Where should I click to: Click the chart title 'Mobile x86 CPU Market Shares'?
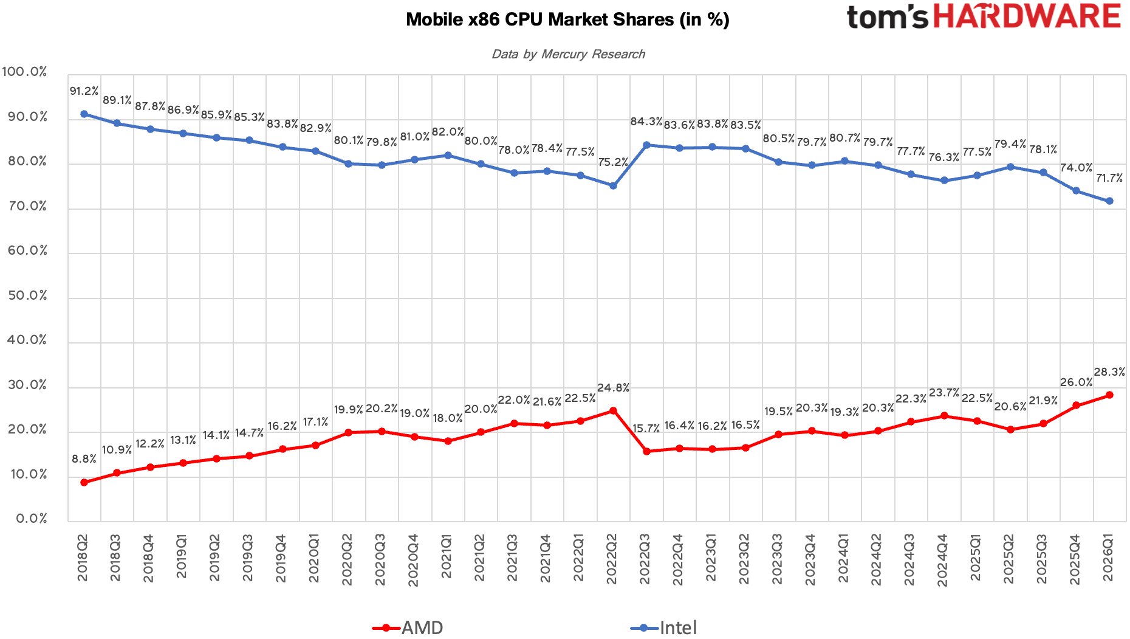(x=540, y=19)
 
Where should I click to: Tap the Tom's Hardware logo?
(x=984, y=16)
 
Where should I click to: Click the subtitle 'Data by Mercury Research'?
(x=568, y=54)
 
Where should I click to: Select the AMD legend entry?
(x=408, y=627)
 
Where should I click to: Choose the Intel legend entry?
(x=663, y=627)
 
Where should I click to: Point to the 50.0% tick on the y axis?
(x=27, y=295)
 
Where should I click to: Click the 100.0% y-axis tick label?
(x=24, y=72)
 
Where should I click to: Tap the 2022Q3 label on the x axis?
(x=645, y=559)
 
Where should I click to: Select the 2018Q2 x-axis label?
(x=83, y=558)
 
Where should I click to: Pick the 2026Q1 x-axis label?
(x=1108, y=558)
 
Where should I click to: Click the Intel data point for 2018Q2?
(x=84, y=114)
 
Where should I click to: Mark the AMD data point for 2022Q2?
(x=613, y=411)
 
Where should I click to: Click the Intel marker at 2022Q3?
(x=646, y=145)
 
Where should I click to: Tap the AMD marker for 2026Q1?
(x=1109, y=395)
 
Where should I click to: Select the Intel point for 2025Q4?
(x=1076, y=191)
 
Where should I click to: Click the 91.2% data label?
(x=84, y=91)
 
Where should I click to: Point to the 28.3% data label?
(x=1109, y=371)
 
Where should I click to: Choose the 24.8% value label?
(x=613, y=388)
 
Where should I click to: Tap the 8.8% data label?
(x=84, y=459)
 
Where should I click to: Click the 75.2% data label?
(x=613, y=162)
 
